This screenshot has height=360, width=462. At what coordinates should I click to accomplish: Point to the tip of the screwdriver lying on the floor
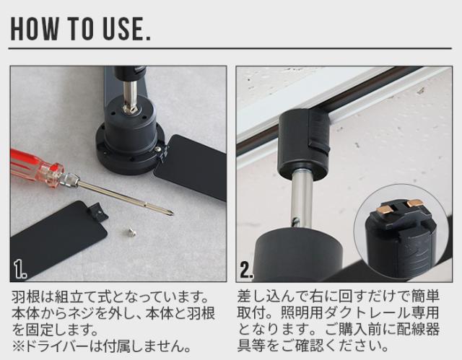click(x=172, y=214)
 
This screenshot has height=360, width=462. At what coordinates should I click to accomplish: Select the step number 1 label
click(x=20, y=270)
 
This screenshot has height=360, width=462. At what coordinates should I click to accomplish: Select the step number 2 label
click(x=247, y=270)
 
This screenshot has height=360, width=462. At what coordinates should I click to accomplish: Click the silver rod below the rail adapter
click(x=302, y=200)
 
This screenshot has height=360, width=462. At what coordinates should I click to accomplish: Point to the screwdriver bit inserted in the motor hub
click(x=131, y=97)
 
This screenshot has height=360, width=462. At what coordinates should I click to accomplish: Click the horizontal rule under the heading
click(x=230, y=48)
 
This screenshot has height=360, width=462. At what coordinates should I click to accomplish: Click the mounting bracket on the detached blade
click(x=98, y=211)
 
